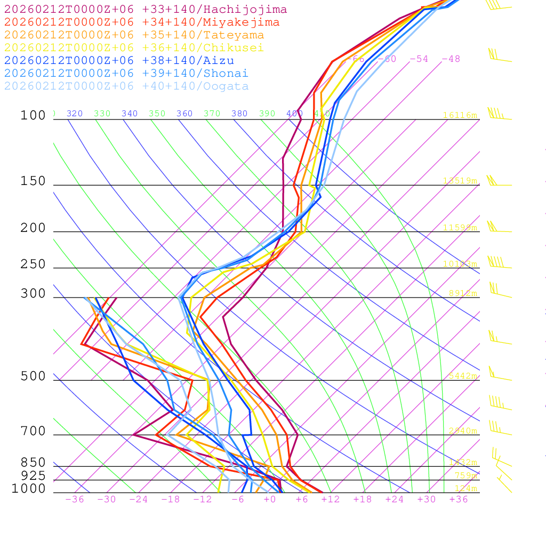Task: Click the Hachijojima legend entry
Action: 146,10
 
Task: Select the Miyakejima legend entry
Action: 142,22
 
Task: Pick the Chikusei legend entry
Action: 134,48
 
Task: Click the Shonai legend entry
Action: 126,74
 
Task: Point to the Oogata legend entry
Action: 126,86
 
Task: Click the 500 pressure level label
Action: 33,376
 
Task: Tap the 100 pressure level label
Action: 33,115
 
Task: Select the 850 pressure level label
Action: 33,462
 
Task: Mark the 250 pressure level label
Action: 33,264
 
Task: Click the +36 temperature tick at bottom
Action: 459,500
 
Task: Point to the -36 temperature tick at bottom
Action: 75,500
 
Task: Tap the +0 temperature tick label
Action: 270,500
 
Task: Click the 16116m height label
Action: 460,115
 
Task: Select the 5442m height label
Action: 462,376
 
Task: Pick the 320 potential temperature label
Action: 75,114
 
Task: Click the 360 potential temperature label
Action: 184,114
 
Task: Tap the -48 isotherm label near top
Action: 451,59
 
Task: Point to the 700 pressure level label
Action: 33,431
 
